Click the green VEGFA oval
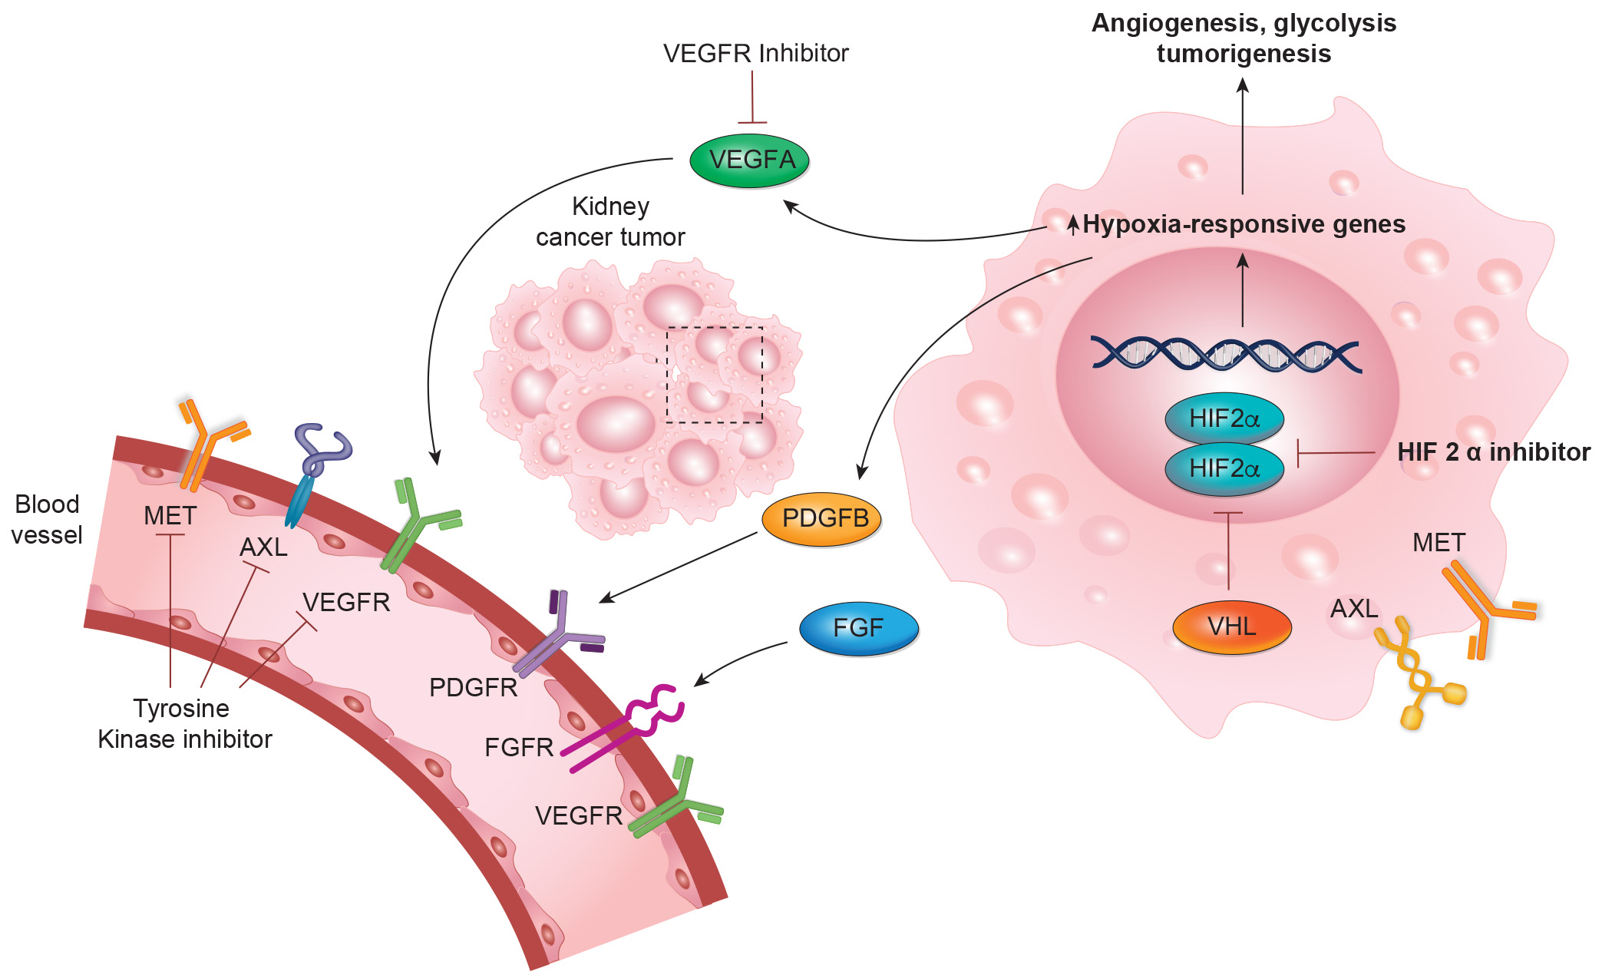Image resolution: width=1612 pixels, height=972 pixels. pyautogui.click(x=750, y=160)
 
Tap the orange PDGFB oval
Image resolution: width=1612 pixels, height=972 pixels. pyautogui.click(x=821, y=519)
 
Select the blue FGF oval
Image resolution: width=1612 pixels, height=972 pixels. pyautogui.click(x=858, y=629)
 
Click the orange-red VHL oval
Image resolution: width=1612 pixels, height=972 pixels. pyautogui.click(x=1231, y=627)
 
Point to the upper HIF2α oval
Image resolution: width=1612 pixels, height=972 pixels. pyautogui.click(x=1224, y=419)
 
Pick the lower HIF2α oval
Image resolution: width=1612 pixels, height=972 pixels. pyautogui.click(x=1224, y=468)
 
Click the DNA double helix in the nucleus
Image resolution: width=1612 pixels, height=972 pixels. pyautogui.click(x=1225, y=355)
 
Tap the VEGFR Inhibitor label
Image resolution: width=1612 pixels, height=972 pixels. pyautogui.click(x=755, y=54)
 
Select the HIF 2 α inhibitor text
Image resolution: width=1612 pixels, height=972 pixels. pyautogui.click(x=1493, y=452)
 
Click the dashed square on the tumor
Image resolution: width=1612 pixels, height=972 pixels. pyautogui.click(x=714, y=375)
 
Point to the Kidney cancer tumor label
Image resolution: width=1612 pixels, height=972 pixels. pyautogui.click(x=610, y=222)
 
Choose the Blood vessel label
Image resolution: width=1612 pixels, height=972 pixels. pyautogui.click(x=47, y=520)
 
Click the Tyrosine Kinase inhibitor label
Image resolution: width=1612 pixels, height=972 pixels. pyautogui.click(x=184, y=723)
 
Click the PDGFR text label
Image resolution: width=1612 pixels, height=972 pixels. pyautogui.click(x=473, y=688)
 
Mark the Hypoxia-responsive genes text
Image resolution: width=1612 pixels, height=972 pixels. pyautogui.click(x=1244, y=224)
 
